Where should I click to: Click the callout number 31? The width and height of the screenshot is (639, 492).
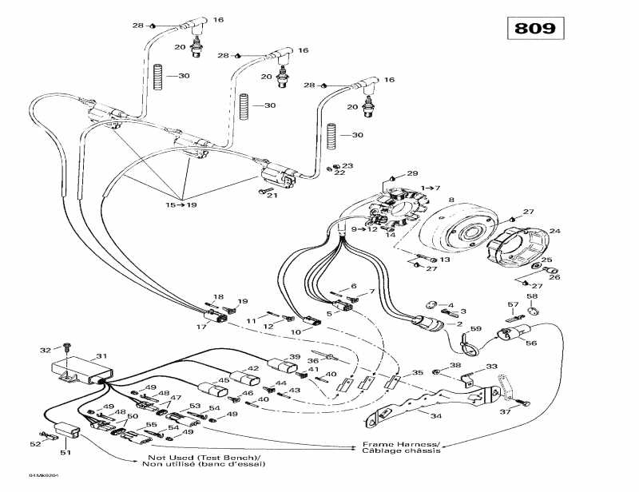click(x=101, y=356)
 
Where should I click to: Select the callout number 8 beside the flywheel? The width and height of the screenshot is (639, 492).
click(x=450, y=200)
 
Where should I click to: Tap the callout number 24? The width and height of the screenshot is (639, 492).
click(x=554, y=232)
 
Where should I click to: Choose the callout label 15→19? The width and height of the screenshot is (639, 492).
click(x=181, y=205)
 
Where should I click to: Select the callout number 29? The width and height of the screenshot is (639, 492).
click(x=413, y=173)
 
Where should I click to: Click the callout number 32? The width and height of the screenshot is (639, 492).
click(x=45, y=349)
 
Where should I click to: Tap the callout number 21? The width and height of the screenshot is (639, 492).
click(x=272, y=196)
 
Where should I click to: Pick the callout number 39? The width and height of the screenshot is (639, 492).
click(x=295, y=357)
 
